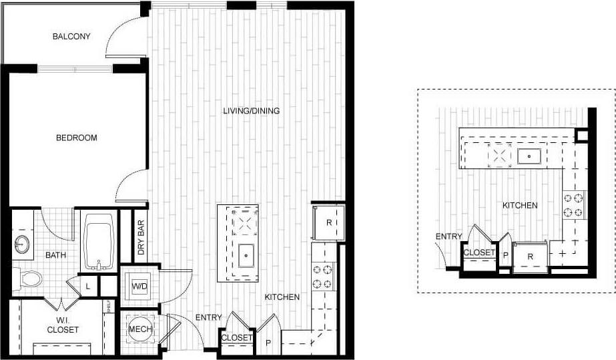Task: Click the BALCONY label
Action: click(x=71, y=36)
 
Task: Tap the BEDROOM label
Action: click(x=76, y=138)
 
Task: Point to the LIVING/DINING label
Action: click(x=251, y=111)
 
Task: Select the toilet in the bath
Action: click(x=27, y=278)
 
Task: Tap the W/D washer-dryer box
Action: click(x=139, y=287)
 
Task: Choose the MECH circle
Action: click(x=141, y=330)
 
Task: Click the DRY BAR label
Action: click(x=141, y=238)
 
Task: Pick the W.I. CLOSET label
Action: click(x=63, y=325)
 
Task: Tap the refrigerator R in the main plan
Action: click(x=328, y=222)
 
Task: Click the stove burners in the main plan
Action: click(x=323, y=277)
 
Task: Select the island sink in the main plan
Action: click(x=245, y=254)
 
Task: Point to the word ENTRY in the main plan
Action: click(x=208, y=317)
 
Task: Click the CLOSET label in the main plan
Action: click(x=237, y=337)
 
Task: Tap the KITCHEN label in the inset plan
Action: click(x=520, y=205)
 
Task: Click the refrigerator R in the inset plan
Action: click(x=529, y=255)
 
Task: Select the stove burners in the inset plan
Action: click(x=573, y=205)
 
